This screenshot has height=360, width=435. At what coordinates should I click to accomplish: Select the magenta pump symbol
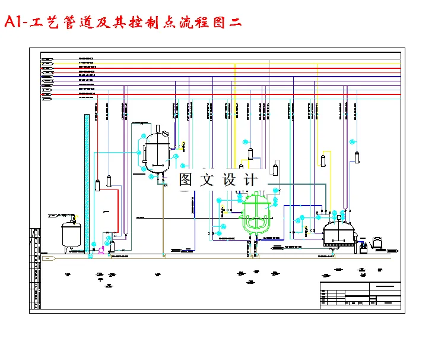(101, 251)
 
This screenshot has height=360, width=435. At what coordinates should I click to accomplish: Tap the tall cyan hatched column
(87, 184)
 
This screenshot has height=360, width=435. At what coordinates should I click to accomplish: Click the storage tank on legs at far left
(72, 234)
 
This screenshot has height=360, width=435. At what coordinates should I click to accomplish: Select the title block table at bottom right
(360, 295)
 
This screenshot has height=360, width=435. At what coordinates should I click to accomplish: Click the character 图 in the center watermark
(186, 179)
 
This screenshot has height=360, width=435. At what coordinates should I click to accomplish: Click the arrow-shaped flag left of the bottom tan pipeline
(48, 258)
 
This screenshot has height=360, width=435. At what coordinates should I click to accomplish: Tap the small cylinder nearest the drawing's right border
(358, 157)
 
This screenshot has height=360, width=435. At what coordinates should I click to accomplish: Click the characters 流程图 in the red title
(182, 23)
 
